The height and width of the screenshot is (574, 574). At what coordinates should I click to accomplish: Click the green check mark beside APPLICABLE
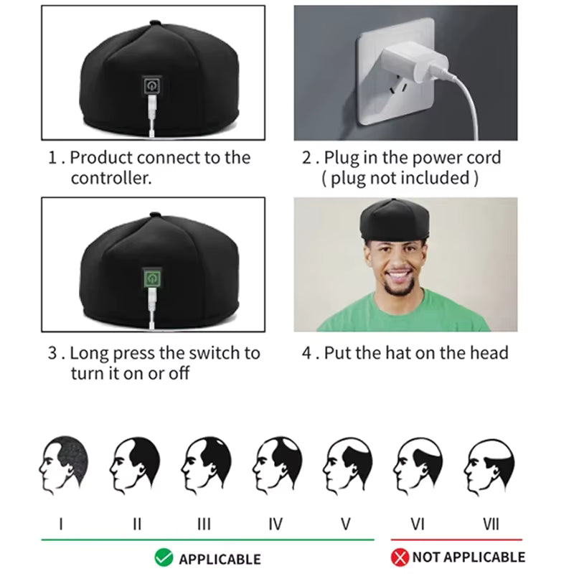(x=163, y=557)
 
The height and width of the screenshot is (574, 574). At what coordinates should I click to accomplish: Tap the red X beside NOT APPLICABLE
(x=400, y=557)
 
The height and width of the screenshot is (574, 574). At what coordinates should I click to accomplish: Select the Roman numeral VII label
(x=491, y=524)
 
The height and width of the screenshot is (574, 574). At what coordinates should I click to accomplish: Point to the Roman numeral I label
(x=61, y=524)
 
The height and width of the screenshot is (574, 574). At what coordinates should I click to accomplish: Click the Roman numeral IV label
(x=275, y=524)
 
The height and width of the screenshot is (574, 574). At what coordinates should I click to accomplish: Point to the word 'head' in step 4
(x=489, y=353)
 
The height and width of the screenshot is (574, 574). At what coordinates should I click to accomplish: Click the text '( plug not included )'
(x=400, y=178)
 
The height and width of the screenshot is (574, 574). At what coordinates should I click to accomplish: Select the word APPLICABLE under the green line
(x=220, y=558)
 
